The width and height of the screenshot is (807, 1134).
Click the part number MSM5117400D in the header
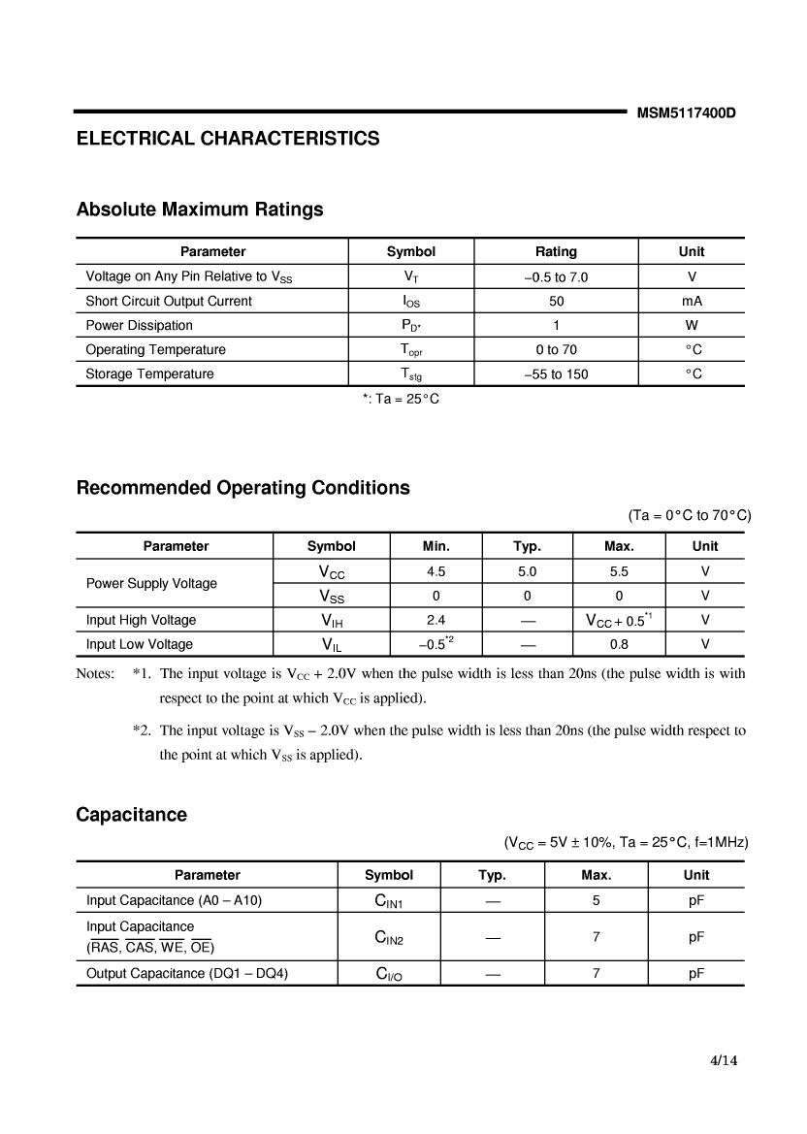click(x=686, y=113)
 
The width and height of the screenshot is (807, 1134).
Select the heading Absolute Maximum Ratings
click(x=200, y=210)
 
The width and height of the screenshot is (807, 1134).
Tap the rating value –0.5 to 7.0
click(x=556, y=277)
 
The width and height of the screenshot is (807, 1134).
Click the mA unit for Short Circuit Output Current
click(x=692, y=302)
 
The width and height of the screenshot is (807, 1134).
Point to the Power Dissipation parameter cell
click(x=139, y=326)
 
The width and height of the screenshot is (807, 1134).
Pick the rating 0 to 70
click(x=556, y=350)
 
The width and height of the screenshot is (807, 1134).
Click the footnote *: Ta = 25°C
click(x=401, y=399)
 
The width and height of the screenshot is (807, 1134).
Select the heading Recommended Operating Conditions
click(x=242, y=488)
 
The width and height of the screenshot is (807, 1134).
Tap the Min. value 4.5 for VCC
click(x=436, y=572)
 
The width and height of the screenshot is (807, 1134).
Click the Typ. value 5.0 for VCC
click(x=527, y=572)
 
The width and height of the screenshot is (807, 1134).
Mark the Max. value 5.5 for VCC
click(x=619, y=572)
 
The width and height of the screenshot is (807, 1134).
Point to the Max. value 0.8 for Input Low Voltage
click(x=619, y=645)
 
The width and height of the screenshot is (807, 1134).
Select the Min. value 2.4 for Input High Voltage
click(x=436, y=621)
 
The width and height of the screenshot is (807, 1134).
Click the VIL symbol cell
click(x=331, y=645)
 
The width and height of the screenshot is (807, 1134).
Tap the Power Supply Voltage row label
click(x=151, y=584)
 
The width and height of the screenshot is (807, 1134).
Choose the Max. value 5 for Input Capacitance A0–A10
click(x=596, y=901)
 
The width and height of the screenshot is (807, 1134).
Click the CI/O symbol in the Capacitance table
click(x=388, y=975)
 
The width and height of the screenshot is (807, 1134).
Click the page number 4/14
click(x=724, y=1060)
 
